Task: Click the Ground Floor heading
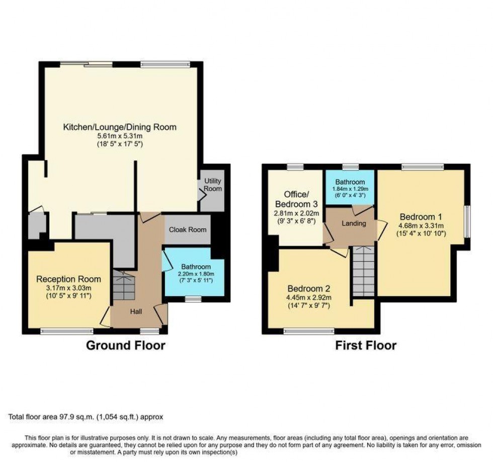pyautogui.click(x=125, y=345)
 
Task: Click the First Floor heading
pyautogui.click(x=366, y=345)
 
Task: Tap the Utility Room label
pyautogui.click(x=213, y=185)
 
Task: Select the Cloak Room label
pyautogui.click(x=188, y=229)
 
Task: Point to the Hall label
pyautogui.click(x=136, y=312)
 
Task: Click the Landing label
pyautogui.click(x=354, y=223)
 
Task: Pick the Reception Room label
pyautogui.click(x=68, y=279)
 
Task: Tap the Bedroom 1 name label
pyautogui.click(x=421, y=217)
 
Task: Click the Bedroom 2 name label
pyautogui.click(x=309, y=288)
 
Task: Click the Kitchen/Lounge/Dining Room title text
pyautogui.click(x=120, y=127)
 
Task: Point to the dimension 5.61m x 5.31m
pyautogui.click(x=120, y=136)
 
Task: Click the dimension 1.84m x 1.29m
pyautogui.click(x=350, y=189)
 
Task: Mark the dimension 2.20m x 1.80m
pyautogui.click(x=196, y=274)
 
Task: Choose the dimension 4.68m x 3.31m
pyautogui.click(x=421, y=225)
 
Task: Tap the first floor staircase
pyautogui.click(x=363, y=271)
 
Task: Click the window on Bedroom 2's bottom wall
pyautogui.click(x=309, y=331)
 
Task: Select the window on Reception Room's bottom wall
pyautogui.click(x=67, y=331)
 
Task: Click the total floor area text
pyautogui.click(x=86, y=417)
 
